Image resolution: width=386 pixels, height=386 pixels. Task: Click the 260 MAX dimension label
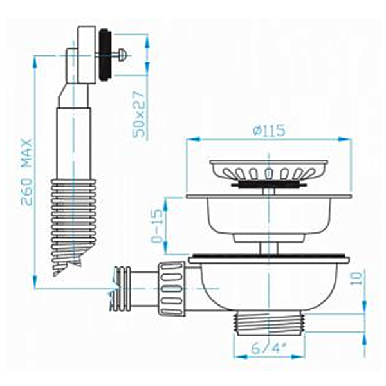click(26, 172)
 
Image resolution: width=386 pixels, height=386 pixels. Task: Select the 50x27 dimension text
click(138, 115)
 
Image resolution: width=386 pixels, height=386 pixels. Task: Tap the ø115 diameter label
click(269, 130)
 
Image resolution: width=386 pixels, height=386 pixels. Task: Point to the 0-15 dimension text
click(158, 226)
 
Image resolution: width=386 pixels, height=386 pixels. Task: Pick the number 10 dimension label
click(357, 278)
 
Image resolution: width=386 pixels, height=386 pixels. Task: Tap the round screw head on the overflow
click(123, 53)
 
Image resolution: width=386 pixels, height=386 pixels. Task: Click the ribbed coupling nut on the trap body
click(171, 289)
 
